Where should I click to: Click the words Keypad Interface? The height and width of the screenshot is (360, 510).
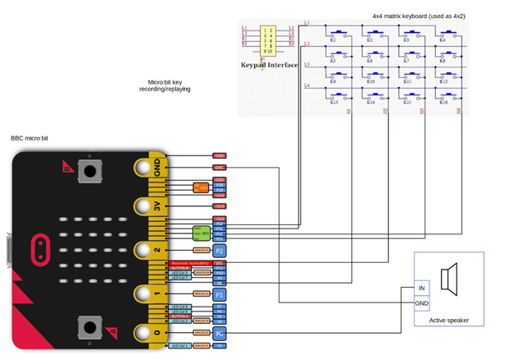(270, 63)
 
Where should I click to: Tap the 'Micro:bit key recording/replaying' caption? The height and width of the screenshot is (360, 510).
(169, 85)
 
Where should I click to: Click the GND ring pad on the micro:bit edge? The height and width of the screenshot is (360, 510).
(146, 168)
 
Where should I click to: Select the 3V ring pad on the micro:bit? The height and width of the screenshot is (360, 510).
(146, 207)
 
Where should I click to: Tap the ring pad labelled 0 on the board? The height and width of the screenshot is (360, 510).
(146, 334)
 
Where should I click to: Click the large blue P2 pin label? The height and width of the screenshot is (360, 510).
(219, 250)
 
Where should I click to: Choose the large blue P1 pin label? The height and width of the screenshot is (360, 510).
(219, 293)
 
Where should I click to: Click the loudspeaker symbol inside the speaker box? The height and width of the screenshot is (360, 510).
(449, 280)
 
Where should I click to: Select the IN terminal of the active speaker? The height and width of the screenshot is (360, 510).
(422, 288)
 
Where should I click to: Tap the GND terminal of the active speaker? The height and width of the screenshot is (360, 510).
(422, 302)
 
